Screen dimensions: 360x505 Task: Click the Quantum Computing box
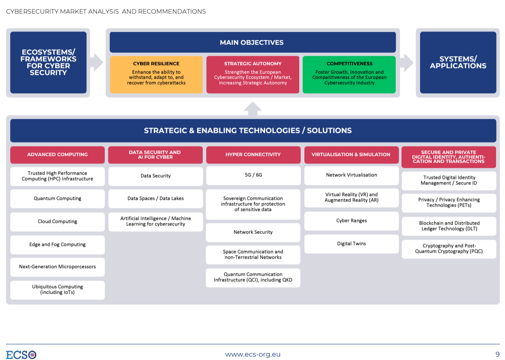pyautogui.click(x=57, y=199)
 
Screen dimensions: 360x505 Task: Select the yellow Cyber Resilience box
pyautogui.click(x=156, y=74)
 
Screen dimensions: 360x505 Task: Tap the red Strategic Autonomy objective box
pyautogui.click(x=253, y=74)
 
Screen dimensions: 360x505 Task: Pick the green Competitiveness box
pyautogui.click(x=349, y=74)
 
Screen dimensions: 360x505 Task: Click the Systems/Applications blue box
pyautogui.click(x=458, y=62)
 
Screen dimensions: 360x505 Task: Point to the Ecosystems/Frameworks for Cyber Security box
pyautogui.click(x=48, y=62)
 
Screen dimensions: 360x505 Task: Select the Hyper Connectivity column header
pyautogui.click(x=253, y=155)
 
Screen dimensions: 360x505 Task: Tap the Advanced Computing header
pyautogui.click(x=57, y=155)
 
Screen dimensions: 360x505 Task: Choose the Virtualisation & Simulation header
pyautogui.click(x=351, y=155)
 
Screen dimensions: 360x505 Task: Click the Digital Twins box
pyautogui.click(x=351, y=244)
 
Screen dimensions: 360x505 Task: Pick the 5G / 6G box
pyautogui.click(x=253, y=175)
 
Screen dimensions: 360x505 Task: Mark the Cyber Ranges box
pyautogui.click(x=351, y=221)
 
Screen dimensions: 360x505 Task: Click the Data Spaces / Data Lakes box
pyautogui.click(x=155, y=199)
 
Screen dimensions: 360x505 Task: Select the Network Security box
pyautogui.click(x=253, y=232)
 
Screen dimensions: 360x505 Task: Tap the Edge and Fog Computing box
pyautogui.click(x=57, y=245)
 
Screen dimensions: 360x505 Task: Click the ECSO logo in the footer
pyautogui.click(x=21, y=354)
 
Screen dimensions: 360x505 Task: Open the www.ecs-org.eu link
pyautogui.click(x=253, y=354)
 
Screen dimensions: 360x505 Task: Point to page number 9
pyautogui.click(x=497, y=354)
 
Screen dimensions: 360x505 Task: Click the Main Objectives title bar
pyautogui.click(x=253, y=42)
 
